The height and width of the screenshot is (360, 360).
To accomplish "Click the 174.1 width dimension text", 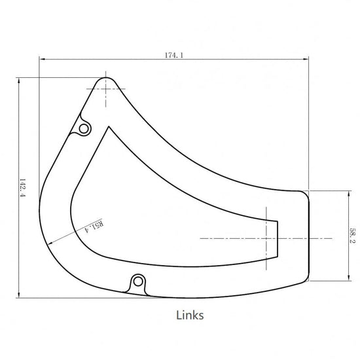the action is [x=174, y=56].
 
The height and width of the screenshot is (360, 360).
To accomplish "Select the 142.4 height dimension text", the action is [x=22, y=188].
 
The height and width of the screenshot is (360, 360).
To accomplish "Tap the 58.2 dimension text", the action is [x=352, y=235].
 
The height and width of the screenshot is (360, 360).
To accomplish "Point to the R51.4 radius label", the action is [x=94, y=226].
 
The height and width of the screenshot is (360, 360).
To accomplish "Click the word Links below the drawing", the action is [x=190, y=315].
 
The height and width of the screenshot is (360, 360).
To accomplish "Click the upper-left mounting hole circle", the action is [x=84, y=129].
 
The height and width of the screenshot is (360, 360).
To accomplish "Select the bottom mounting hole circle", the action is [x=138, y=281].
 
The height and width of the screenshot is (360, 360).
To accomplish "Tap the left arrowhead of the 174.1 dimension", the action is [x=42, y=59].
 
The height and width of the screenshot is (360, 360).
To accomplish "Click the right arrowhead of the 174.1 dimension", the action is [x=306, y=59].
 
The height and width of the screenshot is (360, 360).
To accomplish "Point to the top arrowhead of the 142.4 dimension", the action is [x=19, y=81].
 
